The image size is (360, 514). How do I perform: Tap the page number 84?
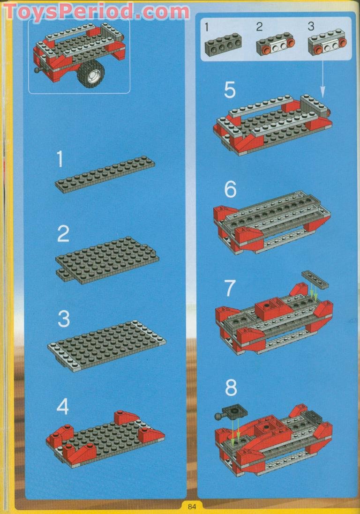192,506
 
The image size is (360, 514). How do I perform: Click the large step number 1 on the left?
60,159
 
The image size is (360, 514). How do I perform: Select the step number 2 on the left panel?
63,233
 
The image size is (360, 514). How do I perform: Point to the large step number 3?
63,319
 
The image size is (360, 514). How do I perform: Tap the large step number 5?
230,90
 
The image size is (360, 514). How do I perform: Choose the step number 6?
230,189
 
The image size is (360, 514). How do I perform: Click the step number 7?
229,288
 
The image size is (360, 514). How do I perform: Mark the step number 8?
231,387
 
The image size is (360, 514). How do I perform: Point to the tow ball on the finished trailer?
37,71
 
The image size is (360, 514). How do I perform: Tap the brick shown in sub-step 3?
325,46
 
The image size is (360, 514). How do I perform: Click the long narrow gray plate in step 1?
105,174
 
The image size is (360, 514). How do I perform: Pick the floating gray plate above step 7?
315,279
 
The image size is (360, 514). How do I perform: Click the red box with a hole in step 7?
270,309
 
